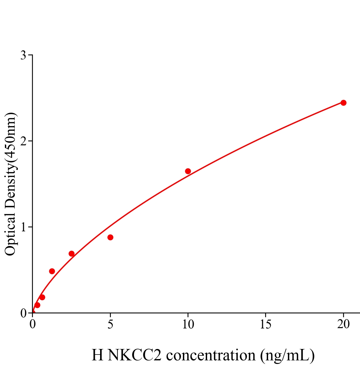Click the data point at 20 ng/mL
tap(343, 103)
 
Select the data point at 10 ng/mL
tap(188, 171)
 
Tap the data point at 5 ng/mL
tap(110, 237)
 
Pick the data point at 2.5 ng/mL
tap(71, 253)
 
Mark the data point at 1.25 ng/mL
tap(52, 271)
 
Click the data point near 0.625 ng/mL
tap(42, 297)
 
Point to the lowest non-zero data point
tap(37, 305)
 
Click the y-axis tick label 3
tap(23, 55)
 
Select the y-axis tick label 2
tap(23, 141)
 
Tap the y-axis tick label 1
tap(23, 227)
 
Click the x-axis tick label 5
tap(110, 324)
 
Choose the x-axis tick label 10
tap(188, 324)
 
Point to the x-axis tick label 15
tap(266, 324)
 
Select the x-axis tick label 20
tap(343, 324)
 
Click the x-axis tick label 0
tap(33, 324)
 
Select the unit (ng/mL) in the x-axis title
tap(287, 355)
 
